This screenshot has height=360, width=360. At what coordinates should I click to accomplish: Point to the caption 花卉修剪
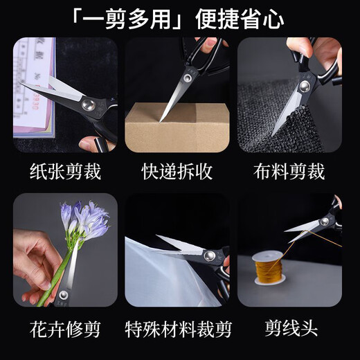(66, 326)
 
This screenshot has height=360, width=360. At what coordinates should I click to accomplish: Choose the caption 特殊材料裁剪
(177, 326)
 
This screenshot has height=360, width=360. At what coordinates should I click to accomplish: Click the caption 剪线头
(289, 326)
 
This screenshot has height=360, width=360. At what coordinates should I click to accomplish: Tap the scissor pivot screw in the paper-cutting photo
(88, 104)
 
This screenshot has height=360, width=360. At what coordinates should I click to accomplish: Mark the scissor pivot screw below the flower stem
(64, 296)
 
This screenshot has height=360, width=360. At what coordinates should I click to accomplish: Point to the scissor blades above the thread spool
(305, 227)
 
